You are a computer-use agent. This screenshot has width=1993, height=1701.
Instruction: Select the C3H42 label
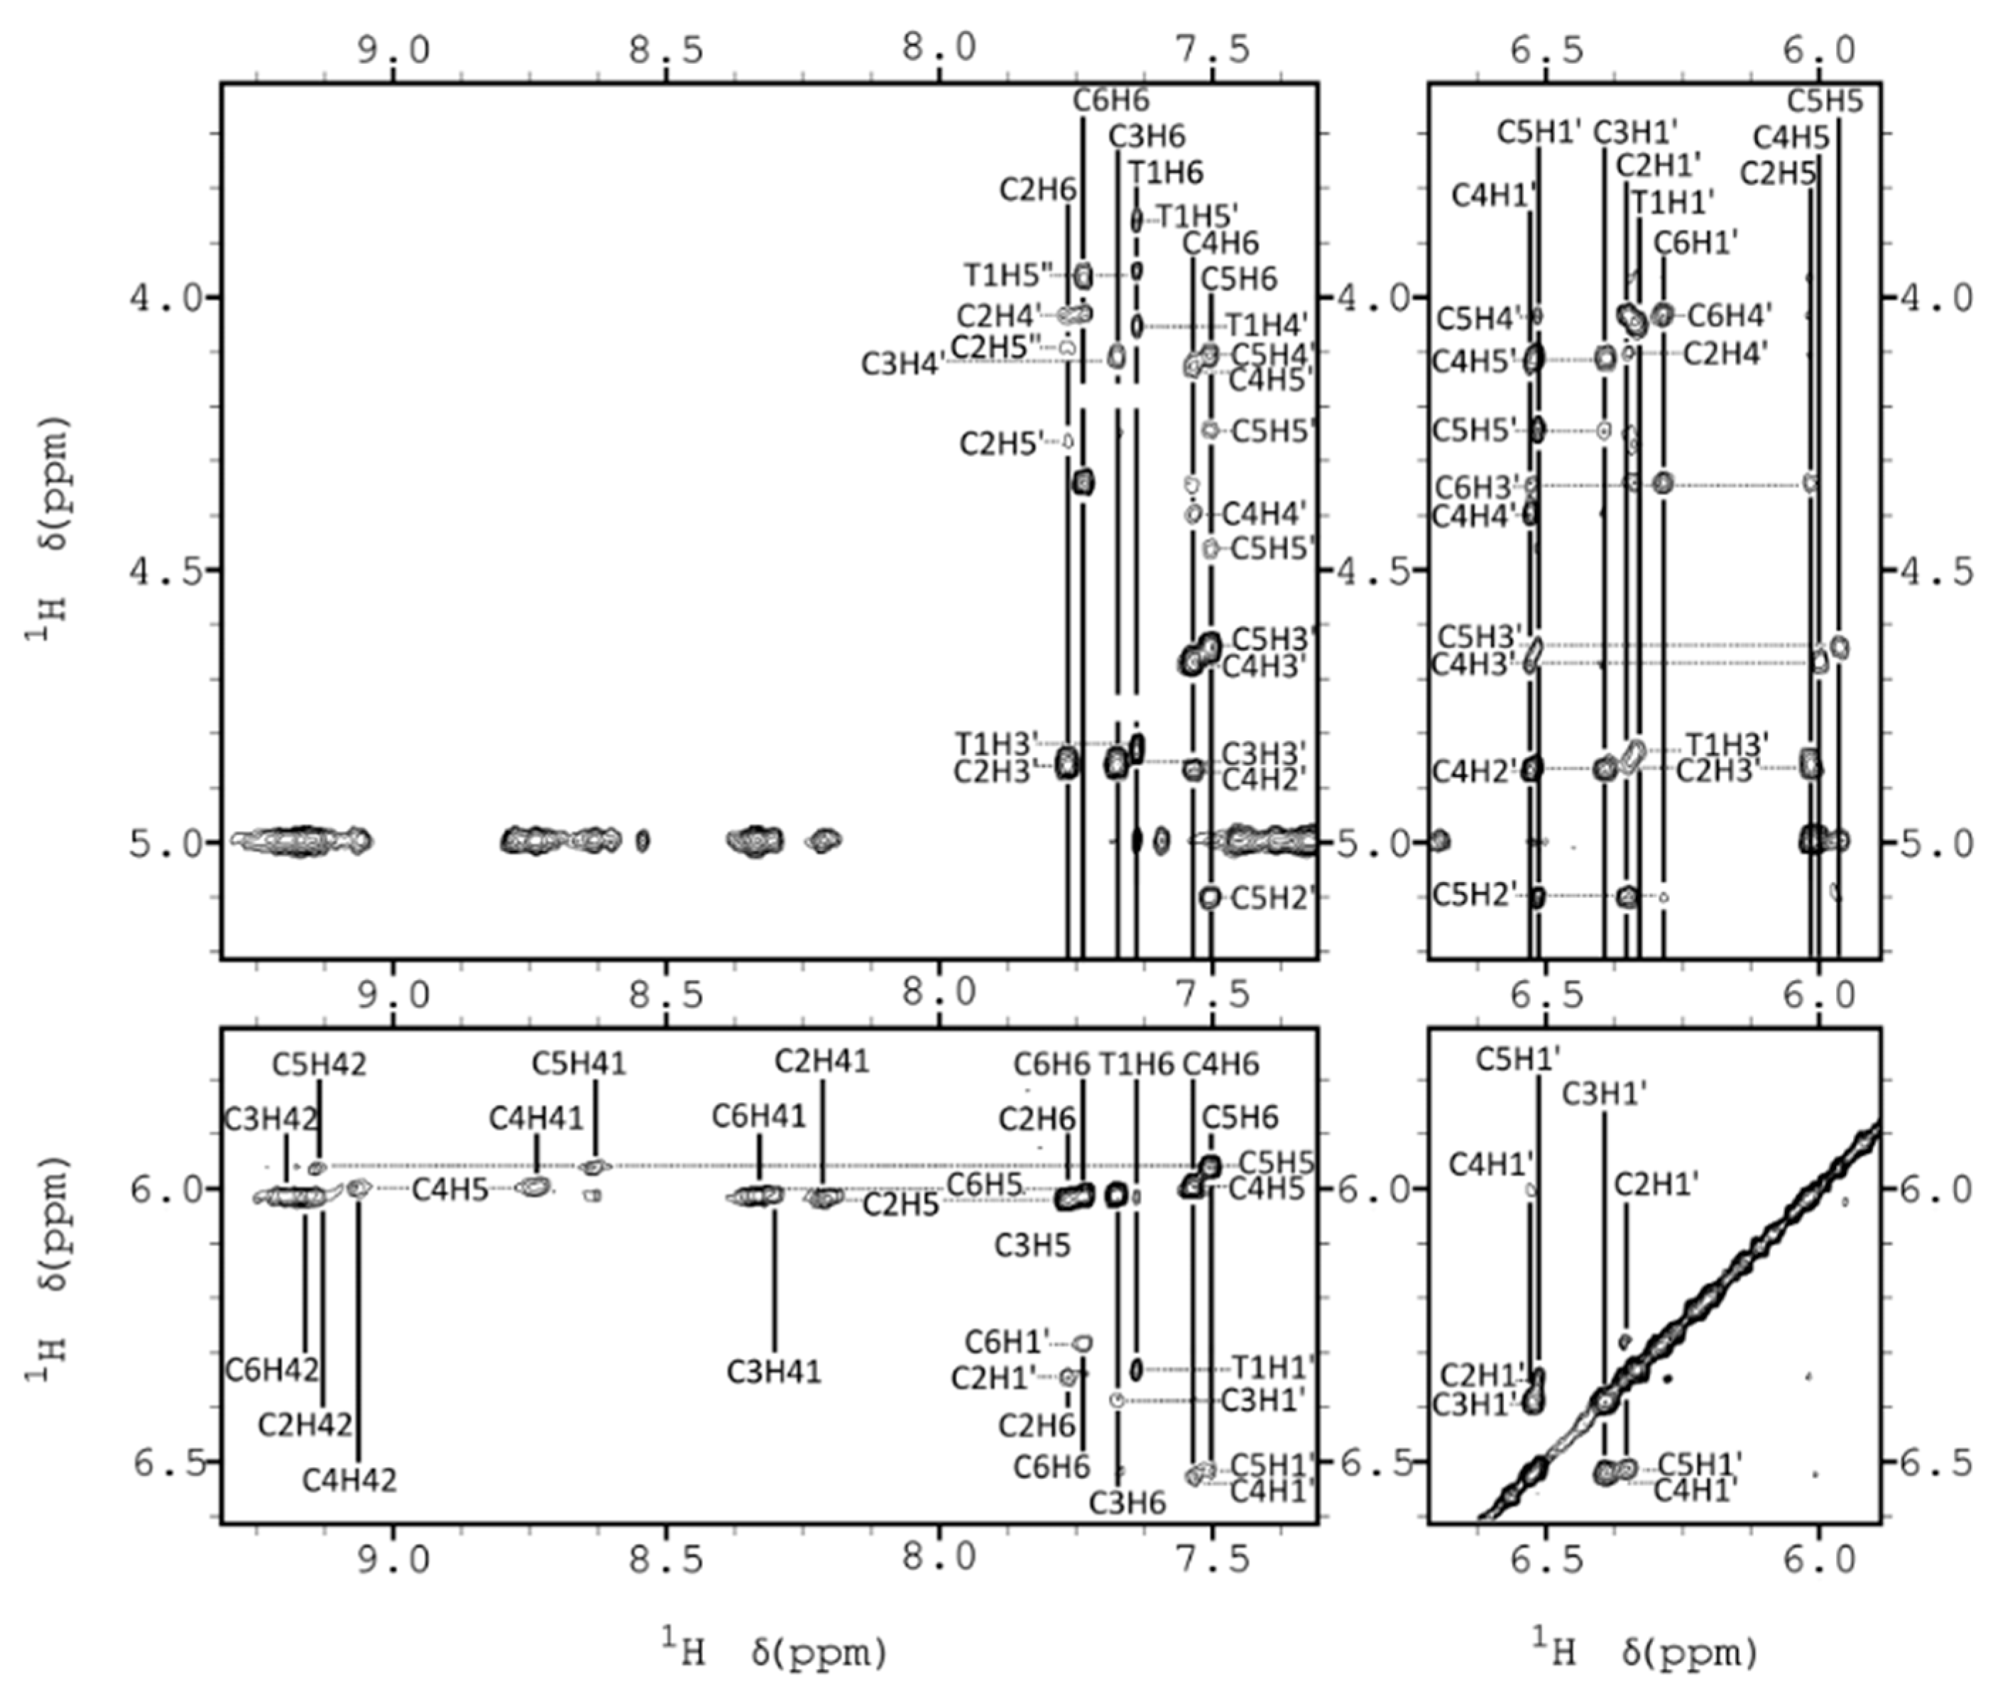point(271,1118)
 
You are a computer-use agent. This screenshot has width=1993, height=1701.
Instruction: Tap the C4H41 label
point(536,1118)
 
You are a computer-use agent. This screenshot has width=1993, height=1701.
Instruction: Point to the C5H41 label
point(579,1064)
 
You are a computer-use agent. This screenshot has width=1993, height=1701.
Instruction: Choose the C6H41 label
point(759,1116)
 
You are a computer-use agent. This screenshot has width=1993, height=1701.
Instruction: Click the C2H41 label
point(821,1061)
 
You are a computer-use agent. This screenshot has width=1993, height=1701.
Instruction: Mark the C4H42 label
point(349,1480)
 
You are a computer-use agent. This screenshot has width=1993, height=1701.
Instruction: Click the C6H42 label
point(271,1370)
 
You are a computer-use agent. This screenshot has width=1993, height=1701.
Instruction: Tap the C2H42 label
point(305,1424)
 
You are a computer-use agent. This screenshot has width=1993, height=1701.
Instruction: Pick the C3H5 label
point(1032,1245)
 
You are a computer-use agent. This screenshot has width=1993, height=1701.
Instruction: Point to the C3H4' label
point(900,363)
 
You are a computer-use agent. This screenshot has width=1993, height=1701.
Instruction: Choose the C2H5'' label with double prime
point(997,347)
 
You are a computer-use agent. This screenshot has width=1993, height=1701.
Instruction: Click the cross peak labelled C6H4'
point(1664,314)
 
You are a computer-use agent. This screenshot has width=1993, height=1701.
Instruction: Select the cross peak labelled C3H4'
point(1115,357)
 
